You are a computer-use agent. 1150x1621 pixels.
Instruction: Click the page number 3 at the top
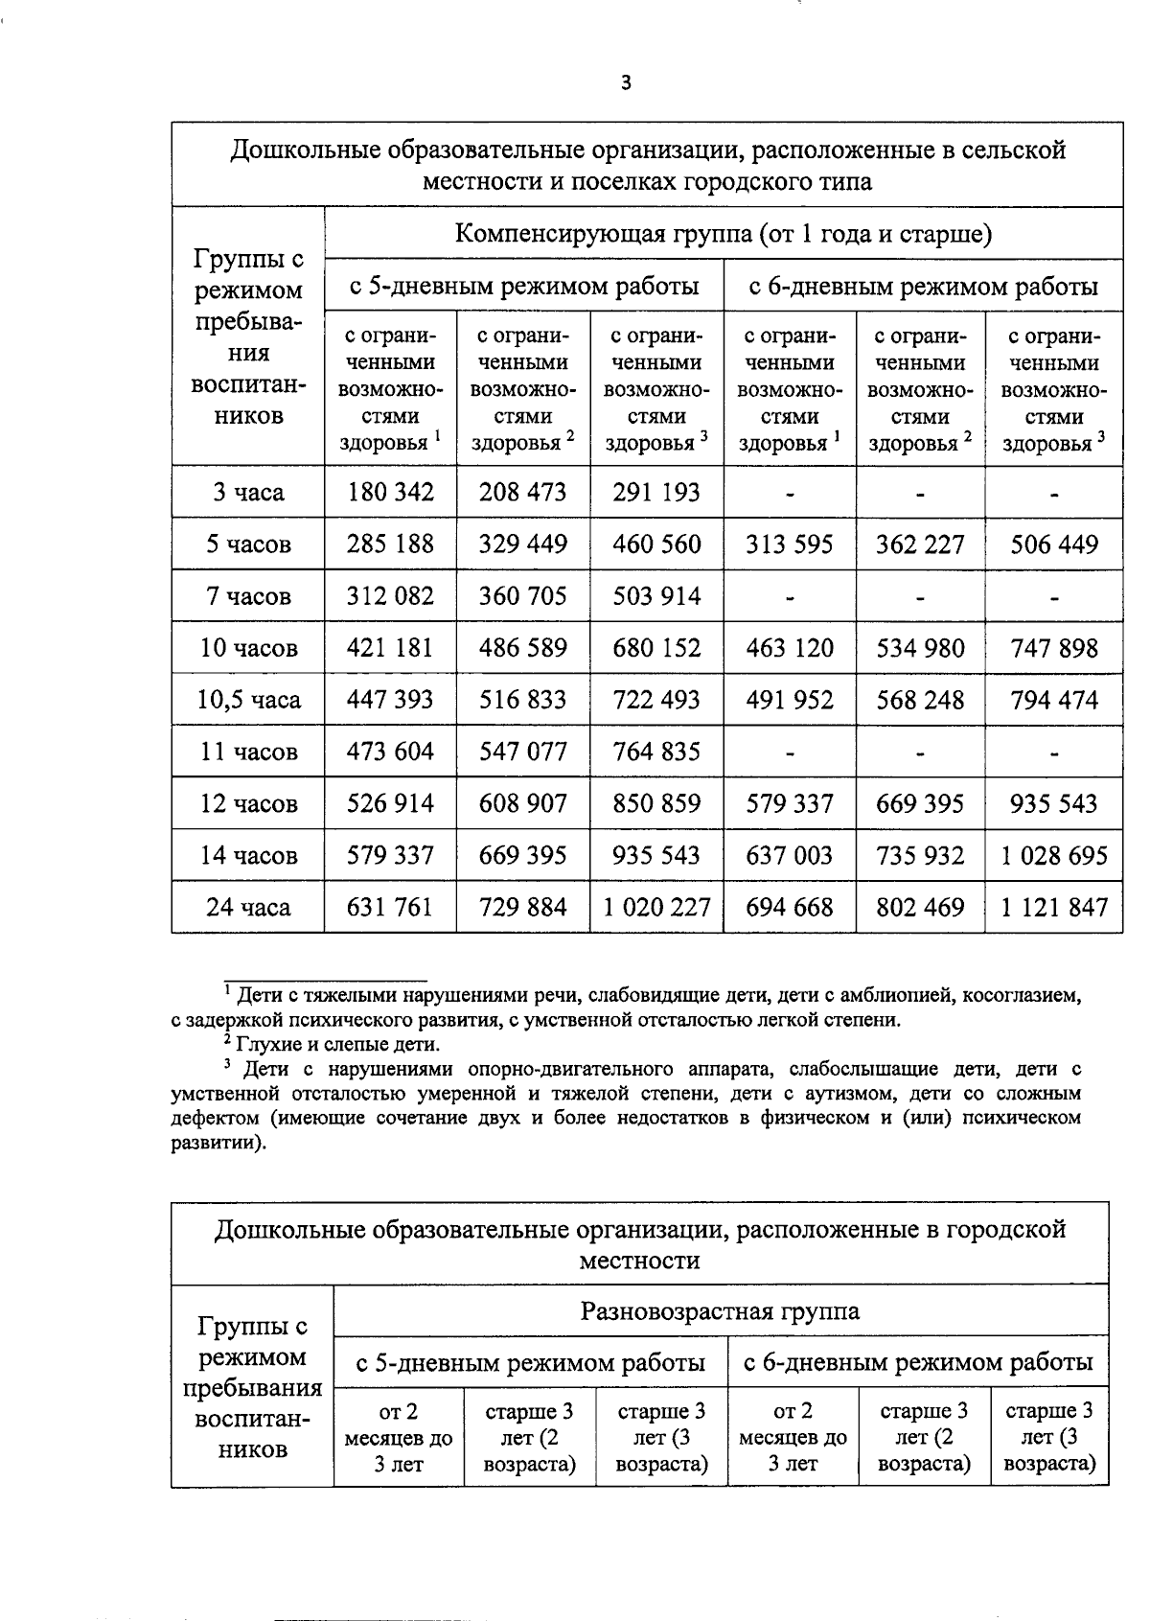point(626,83)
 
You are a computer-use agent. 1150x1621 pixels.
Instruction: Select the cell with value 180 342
point(390,493)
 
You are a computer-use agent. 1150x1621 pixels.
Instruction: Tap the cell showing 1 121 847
point(1054,907)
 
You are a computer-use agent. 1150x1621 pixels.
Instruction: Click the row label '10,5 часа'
point(248,700)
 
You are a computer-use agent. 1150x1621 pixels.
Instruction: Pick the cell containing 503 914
point(656,596)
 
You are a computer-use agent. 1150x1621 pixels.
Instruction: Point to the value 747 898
point(1054,648)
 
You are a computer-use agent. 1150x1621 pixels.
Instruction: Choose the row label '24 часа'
point(248,907)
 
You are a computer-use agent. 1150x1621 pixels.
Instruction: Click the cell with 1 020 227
point(656,907)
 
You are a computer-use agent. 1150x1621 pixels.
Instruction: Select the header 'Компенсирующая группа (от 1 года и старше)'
point(723,234)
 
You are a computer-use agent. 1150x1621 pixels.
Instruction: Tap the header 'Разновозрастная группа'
point(720,1310)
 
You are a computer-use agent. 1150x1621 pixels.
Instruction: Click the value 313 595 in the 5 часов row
point(790,544)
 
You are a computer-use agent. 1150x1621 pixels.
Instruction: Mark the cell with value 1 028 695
point(1054,855)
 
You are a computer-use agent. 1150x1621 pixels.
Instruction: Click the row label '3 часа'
point(248,493)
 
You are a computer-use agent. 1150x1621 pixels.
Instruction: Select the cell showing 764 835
point(656,752)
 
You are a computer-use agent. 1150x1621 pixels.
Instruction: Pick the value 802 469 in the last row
point(920,907)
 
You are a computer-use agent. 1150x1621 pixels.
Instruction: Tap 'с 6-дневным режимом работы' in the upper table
point(922,286)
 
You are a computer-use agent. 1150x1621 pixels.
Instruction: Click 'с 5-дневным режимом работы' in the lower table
point(530,1362)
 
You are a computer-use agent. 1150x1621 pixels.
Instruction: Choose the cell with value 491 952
point(790,700)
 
